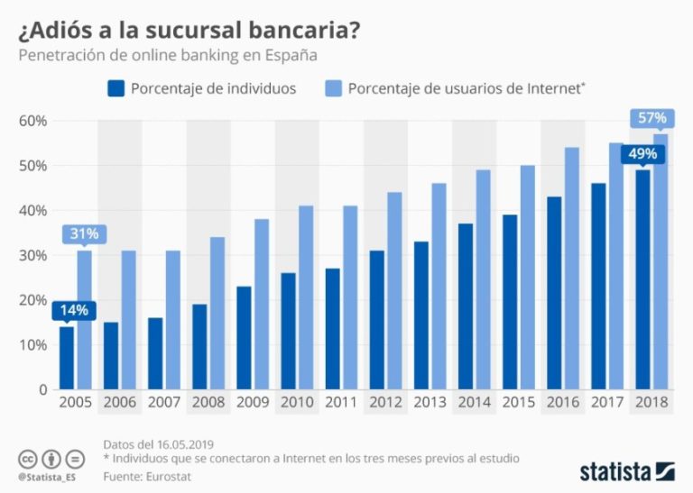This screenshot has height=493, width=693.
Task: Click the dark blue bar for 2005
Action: click(67, 358)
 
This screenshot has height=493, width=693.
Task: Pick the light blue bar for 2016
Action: click(571, 269)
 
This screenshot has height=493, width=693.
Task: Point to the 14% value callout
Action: click(74, 310)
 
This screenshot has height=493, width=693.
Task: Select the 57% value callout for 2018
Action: click(651, 117)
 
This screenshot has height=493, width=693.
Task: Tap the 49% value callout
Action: click(642, 153)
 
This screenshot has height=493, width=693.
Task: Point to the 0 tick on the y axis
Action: click(42, 390)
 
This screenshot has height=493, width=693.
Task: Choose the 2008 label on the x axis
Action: click(208, 403)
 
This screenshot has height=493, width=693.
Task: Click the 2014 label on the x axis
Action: click(475, 403)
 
